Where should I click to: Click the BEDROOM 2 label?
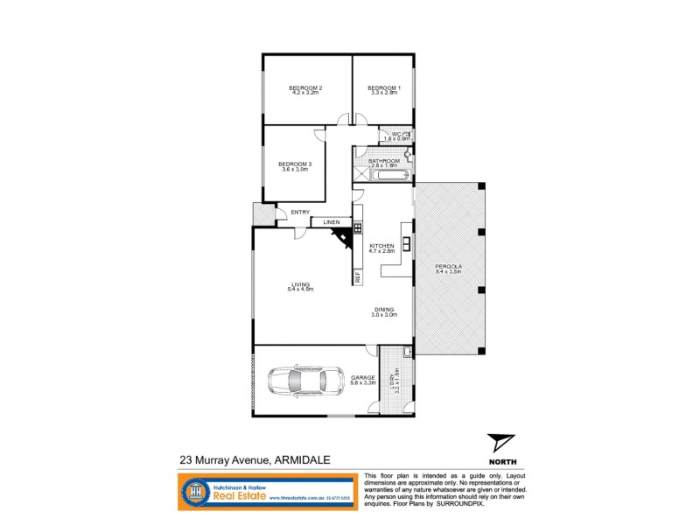tap(306, 87)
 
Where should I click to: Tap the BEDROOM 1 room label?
tap(383, 87)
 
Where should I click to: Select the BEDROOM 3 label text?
tap(294, 164)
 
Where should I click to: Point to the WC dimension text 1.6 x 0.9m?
tap(396, 139)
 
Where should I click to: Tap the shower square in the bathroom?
tap(360, 174)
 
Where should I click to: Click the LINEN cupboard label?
tap(331, 222)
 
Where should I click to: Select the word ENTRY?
tap(300, 212)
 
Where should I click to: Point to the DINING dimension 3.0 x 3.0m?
tap(384, 315)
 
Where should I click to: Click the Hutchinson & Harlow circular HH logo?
tap(193, 493)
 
